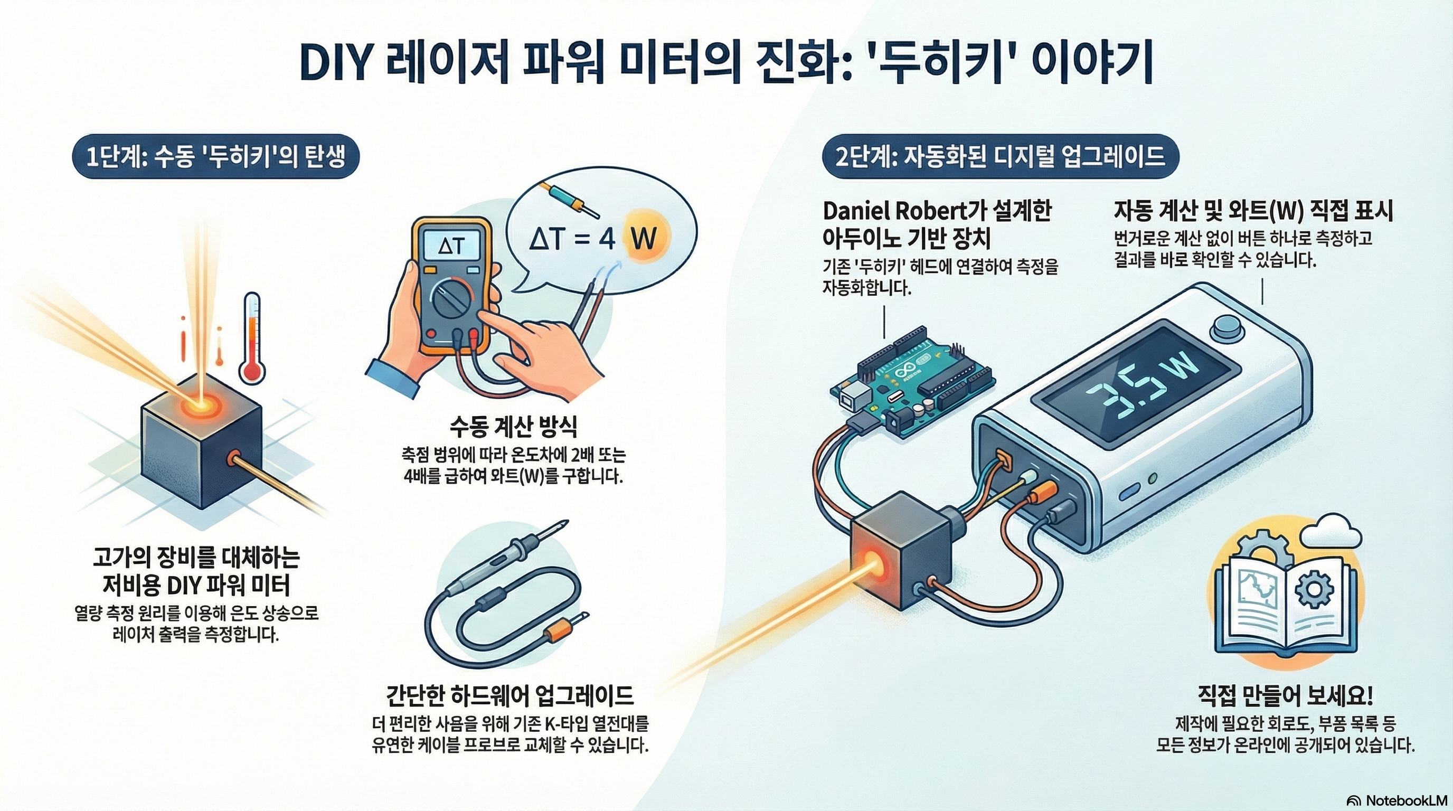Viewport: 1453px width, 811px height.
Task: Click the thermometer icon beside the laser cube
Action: click(x=251, y=338)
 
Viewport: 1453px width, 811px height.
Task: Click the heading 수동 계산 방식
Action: click(x=513, y=427)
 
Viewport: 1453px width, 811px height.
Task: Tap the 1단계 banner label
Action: click(x=215, y=156)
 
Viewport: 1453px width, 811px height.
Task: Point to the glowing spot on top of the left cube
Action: click(x=200, y=404)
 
